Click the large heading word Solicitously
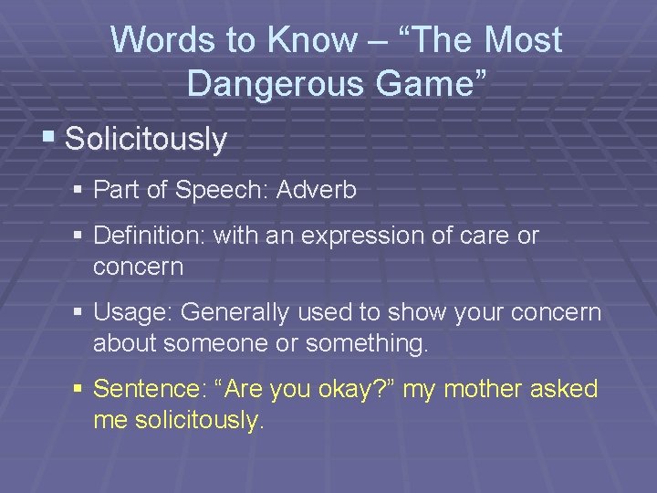146,140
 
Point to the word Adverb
317,190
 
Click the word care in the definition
489,236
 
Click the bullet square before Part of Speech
79,191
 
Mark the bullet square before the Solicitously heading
48,140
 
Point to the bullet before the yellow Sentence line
79,390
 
